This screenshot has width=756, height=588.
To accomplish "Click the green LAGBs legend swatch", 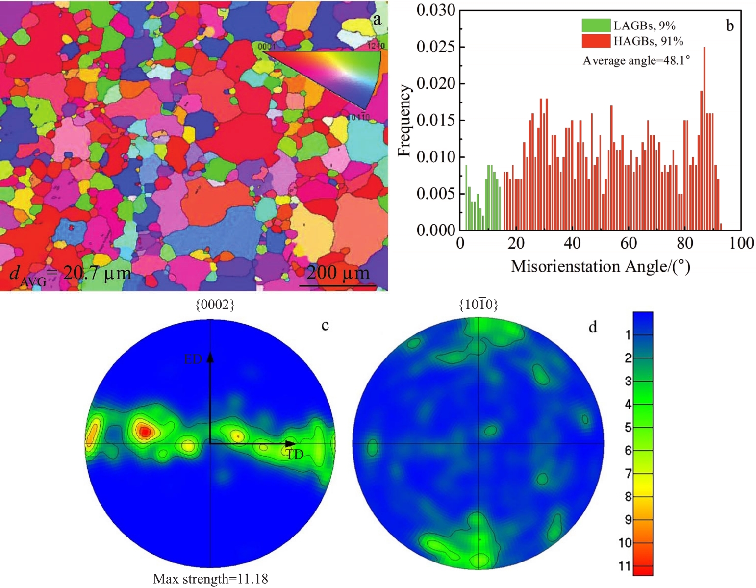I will click(x=596, y=26).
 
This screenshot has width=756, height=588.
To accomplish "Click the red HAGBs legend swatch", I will click(x=596, y=41).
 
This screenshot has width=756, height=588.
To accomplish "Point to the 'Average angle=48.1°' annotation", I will click(x=636, y=60).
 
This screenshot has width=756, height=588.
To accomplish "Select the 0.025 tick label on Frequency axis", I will click(x=436, y=47).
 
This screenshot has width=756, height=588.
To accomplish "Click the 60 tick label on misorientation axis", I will click(x=629, y=243).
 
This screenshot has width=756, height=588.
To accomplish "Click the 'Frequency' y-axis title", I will click(x=404, y=121).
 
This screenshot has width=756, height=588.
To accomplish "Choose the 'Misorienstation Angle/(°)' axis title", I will click(x=600, y=266).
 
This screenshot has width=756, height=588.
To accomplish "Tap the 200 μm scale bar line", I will click(x=338, y=285).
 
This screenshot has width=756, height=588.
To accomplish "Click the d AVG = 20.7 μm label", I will click(x=70, y=274).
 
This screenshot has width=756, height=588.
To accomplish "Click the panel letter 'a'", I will click(x=377, y=19).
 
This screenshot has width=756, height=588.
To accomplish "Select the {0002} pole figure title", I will click(x=215, y=305).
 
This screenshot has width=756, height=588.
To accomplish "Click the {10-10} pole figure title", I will click(x=478, y=305).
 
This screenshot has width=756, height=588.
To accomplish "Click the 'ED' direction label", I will click(x=193, y=359).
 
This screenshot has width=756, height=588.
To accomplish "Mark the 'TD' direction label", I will click(x=295, y=455).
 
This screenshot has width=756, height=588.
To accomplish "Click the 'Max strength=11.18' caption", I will click(x=210, y=579).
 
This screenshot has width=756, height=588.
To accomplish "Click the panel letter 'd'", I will click(x=593, y=327).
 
